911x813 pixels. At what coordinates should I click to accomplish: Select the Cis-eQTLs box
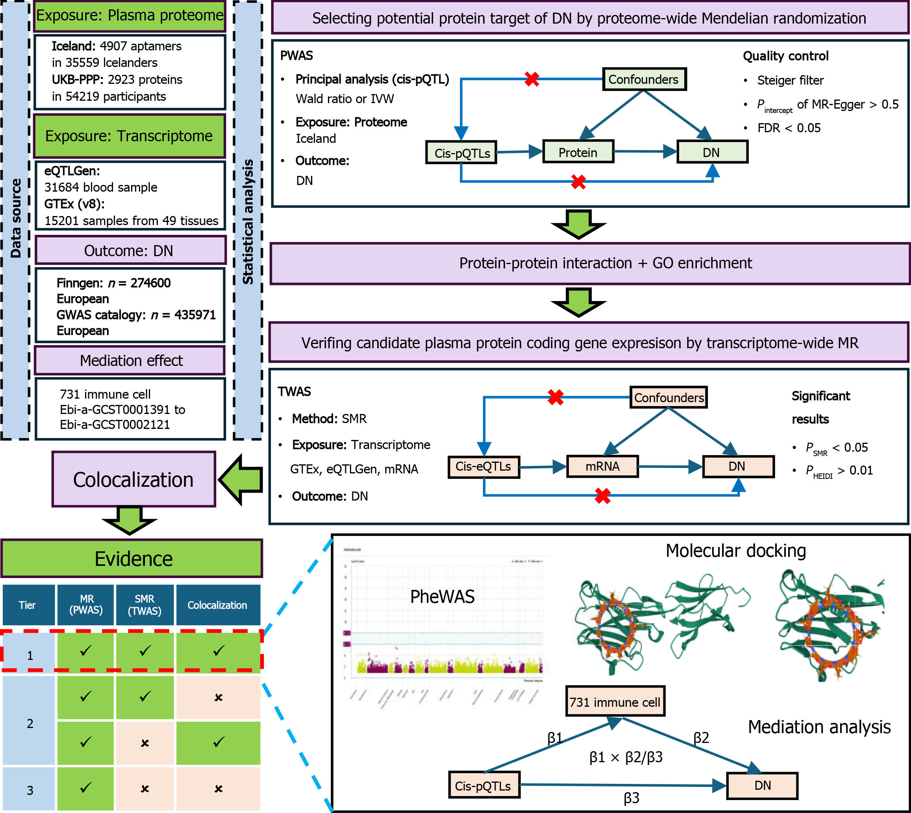(x=483, y=467)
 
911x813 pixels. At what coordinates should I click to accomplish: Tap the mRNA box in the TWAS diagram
(x=602, y=467)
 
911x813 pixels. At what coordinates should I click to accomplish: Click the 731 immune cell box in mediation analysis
(x=615, y=702)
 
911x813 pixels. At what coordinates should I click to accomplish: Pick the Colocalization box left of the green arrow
(x=133, y=479)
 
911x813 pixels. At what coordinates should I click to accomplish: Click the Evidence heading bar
(x=132, y=559)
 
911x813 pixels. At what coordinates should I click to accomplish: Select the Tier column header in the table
(x=28, y=605)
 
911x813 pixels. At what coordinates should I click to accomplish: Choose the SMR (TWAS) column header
(x=144, y=605)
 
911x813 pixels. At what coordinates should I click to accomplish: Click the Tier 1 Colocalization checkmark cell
(x=218, y=652)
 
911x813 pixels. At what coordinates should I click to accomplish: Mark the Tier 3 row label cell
(x=30, y=790)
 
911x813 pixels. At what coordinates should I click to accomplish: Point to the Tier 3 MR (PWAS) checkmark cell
(x=85, y=788)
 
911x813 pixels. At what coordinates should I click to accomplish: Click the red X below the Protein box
(x=578, y=182)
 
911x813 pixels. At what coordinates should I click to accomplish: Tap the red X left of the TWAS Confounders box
(x=555, y=397)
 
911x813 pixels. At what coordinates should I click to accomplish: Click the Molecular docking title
(x=735, y=551)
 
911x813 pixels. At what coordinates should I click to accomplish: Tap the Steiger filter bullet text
(x=790, y=80)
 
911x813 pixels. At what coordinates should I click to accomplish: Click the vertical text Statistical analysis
(x=248, y=222)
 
